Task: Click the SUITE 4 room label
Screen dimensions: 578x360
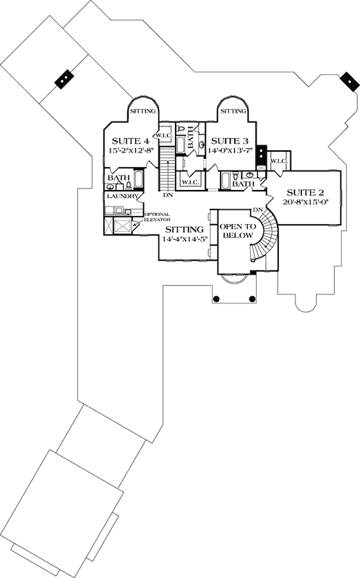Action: [x=129, y=142]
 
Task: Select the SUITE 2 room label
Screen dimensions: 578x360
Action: [x=303, y=193]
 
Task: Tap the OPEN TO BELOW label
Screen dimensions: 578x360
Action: [x=239, y=230]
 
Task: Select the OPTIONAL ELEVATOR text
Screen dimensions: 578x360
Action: [x=156, y=217]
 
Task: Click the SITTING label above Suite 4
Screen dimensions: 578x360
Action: [x=141, y=111]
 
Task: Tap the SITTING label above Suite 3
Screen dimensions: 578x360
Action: [x=233, y=111]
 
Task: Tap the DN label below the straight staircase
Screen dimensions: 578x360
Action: [x=168, y=194]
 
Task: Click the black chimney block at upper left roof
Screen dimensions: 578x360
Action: [x=65, y=77]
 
